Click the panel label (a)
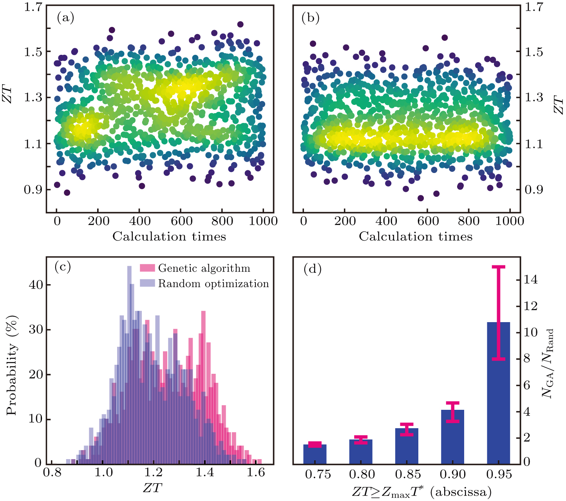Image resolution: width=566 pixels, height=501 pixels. pyautogui.click(x=65, y=18)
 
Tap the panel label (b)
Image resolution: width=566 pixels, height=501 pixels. pyautogui.click(x=310, y=18)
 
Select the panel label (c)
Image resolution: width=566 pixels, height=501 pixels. pyautogui.click(x=63, y=267)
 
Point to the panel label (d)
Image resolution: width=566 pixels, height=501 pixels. pyautogui.click(x=313, y=269)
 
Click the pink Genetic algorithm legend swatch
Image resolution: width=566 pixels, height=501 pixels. pyautogui.click(x=147, y=268)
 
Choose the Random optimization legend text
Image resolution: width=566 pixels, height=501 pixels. pyautogui.click(x=213, y=284)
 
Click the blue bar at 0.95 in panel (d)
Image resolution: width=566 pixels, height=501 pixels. pyautogui.click(x=498, y=394)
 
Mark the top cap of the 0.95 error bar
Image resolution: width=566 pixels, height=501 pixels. pyautogui.click(x=498, y=267)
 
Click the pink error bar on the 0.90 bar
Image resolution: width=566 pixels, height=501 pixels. pyautogui.click(x=452, y=412)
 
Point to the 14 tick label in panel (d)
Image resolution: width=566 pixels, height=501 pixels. pyautogui.click(x=530, y=279)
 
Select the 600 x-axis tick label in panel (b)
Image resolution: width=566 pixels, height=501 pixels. pyautogui.click(x=428, y=221)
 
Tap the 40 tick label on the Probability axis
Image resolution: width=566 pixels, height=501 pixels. pyautogui.click(x=36, y=285)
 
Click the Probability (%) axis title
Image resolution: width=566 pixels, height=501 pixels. pyautogui.click(x=12, y=365)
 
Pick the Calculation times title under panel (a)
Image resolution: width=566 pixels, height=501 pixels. pyautogui.click(x=169, y=236)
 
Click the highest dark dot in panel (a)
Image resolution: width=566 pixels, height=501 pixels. pyautogui.click(x=240, y=24)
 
